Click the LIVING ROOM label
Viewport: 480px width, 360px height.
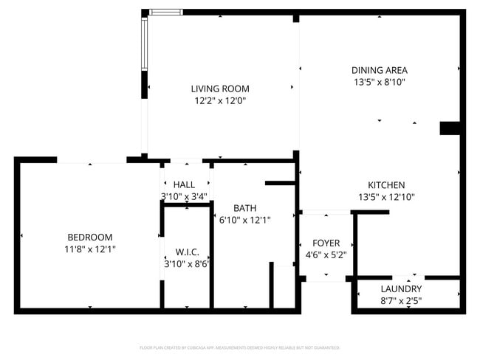click(220, 89)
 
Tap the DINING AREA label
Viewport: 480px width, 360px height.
click(379, 71)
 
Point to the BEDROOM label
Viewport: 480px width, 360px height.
click(89, 237)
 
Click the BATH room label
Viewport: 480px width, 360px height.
click(244, 208)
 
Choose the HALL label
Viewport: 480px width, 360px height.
click(184, 184)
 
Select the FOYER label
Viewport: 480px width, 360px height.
click(326, 243)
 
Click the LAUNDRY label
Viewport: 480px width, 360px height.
click(401, 288)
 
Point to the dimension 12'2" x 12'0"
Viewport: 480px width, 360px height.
click(220, 100)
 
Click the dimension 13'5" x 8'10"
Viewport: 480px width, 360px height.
click(379, 83)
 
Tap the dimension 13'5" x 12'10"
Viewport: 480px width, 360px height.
click(386, 197)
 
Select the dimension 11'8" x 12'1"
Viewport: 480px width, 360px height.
click(89, 249)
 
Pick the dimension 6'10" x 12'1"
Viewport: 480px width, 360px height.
click(245, 220)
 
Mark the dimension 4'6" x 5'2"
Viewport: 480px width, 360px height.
click(326, 255)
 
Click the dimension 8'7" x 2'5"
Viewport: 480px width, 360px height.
click(401, 300)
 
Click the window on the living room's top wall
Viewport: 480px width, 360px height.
click(165, 12)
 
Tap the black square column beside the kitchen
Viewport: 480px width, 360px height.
click(450, 128)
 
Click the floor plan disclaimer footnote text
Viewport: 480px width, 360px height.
click(239, 347)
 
